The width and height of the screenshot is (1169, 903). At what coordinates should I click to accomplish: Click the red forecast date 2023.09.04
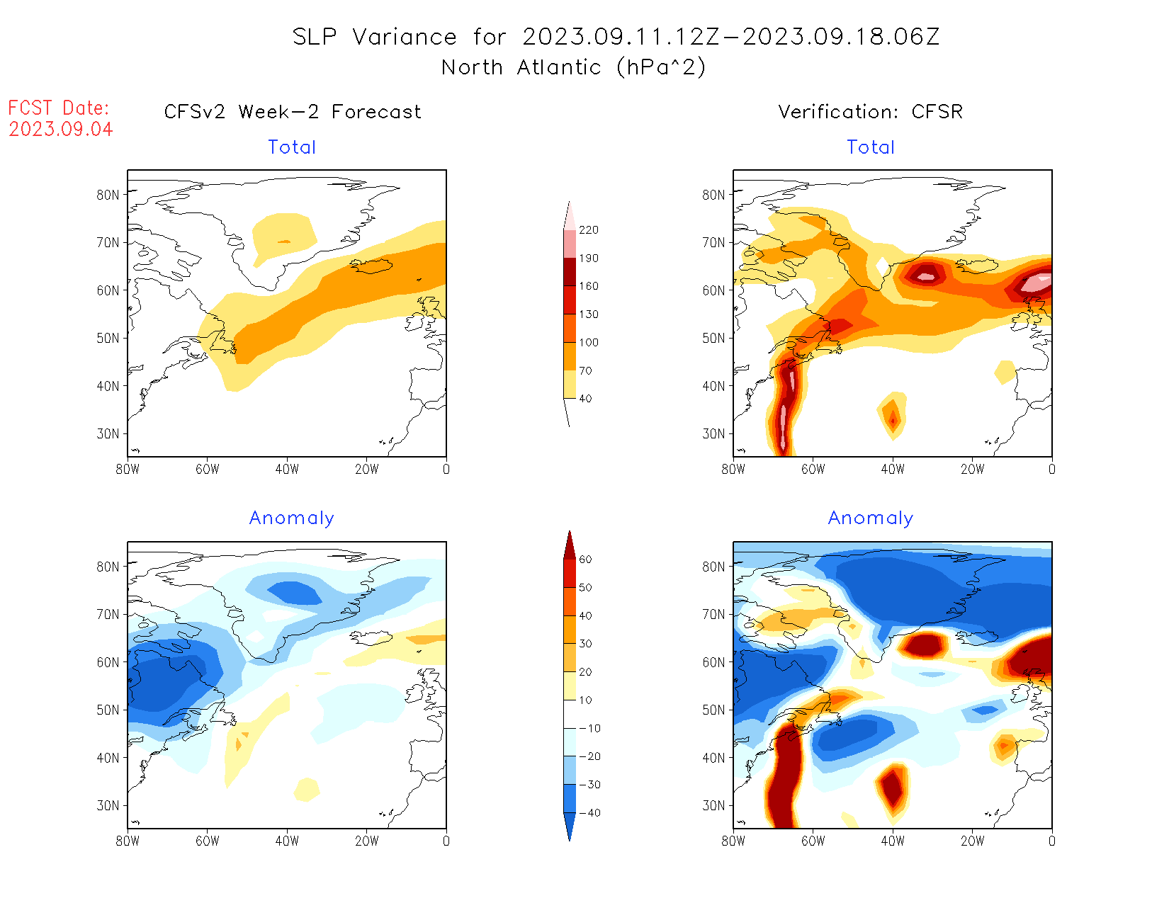click(61, 130)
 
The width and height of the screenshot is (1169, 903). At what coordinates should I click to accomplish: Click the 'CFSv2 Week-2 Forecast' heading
click(292, 112)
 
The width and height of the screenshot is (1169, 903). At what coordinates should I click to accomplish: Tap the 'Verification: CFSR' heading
click(870, 112)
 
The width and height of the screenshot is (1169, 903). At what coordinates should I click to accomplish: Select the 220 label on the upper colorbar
click(588, 230)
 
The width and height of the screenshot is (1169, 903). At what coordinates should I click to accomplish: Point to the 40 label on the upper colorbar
click(585, 399)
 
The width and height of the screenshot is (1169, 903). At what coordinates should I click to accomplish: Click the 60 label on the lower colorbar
click(585, 560)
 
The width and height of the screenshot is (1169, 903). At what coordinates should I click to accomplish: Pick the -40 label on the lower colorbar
click(589, 813)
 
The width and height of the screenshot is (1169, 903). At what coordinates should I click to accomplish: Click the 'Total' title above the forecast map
click(292, 147)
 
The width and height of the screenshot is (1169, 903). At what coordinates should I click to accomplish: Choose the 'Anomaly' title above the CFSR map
click(870, 518)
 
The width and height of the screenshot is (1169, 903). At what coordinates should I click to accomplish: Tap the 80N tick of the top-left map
click(108, 195)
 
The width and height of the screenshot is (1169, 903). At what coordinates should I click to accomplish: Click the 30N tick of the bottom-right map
click(714, 806)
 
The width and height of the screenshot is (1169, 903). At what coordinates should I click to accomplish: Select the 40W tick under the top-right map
click(893, 469)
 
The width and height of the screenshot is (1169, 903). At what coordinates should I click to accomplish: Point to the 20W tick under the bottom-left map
click(366, 841)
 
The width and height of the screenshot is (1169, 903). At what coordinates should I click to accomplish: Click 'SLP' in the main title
click(315, 37)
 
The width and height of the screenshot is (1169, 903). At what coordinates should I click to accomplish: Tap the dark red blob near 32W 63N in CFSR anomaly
click(924, 645)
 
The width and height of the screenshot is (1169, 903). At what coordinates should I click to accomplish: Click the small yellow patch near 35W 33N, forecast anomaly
click(307, 789)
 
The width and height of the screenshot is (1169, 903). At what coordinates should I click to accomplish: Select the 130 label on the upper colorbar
click(588, 314)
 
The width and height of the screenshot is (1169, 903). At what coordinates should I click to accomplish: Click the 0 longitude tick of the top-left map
click(446, 469)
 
